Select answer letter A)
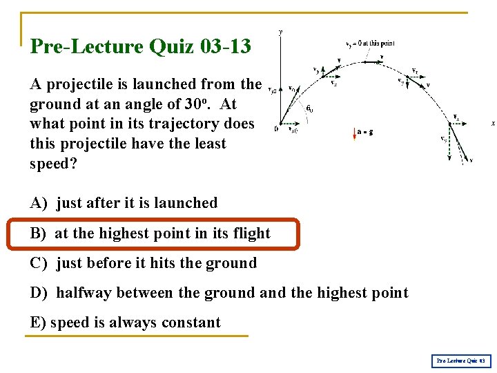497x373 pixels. [39, 203]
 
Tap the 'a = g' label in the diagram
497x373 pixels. [365, 131]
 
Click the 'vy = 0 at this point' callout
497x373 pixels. [370, 44]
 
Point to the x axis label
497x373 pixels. [492, 123]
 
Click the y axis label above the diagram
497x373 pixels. [280, 32]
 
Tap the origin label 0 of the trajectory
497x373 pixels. [275, 128]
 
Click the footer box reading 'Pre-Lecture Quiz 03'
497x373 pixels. [461, 361]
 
